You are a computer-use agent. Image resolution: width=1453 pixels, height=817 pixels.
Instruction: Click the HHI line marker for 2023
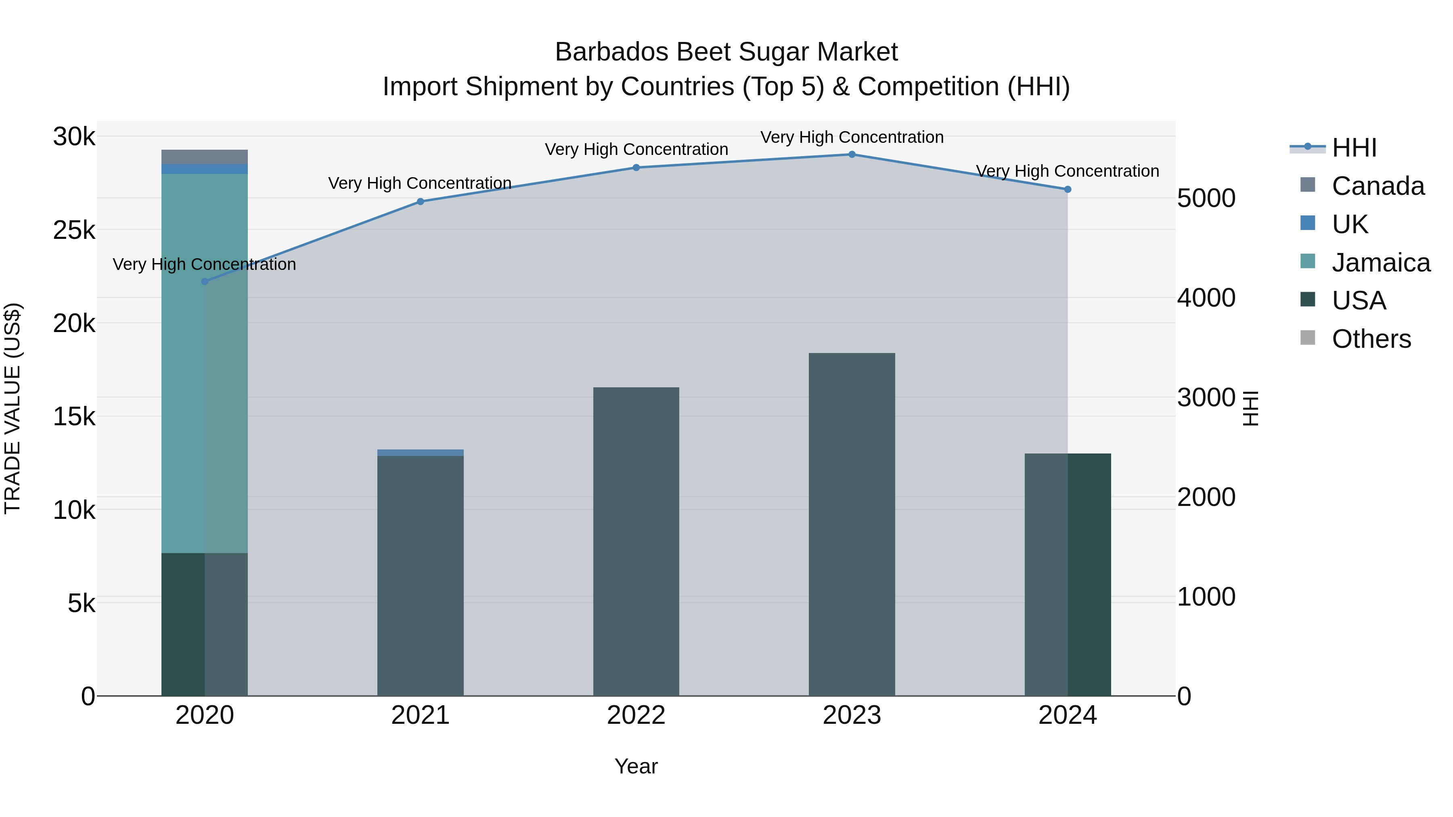click(852, 155)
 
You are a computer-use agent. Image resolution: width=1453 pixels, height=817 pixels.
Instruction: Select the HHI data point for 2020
click(205, 281)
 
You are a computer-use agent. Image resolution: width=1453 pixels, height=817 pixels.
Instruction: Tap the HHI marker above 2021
click(420, 201)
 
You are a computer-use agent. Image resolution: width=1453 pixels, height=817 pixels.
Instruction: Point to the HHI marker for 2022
click(636, 167)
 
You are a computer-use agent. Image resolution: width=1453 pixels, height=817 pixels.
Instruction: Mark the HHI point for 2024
click(1067, 190)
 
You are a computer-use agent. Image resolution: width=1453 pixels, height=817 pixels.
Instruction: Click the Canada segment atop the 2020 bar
click(204, 157)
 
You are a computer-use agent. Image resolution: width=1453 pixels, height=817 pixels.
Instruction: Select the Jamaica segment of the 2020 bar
click(204, 361)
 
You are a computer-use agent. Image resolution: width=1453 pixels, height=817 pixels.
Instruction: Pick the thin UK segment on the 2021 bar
click(420, 453)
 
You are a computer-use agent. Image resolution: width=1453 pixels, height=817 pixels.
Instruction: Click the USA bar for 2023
click(852, 524)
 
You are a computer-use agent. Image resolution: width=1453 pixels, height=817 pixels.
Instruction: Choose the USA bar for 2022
click(636, 541)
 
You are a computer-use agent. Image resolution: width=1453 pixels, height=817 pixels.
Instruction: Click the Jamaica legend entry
click(1365, 263)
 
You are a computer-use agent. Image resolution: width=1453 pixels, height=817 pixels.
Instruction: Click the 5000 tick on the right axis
click(1206, 199)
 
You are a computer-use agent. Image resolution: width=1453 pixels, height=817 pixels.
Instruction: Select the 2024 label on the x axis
click(1067, 715)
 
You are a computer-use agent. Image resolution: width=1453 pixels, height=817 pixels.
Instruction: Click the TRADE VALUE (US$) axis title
click(13, 408)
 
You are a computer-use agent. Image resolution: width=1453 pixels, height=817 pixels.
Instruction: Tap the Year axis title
click(636, 766)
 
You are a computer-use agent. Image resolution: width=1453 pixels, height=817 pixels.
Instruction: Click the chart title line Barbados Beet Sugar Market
click(726, 52)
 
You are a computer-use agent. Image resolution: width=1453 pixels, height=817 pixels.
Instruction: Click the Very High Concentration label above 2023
click(852, 137)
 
